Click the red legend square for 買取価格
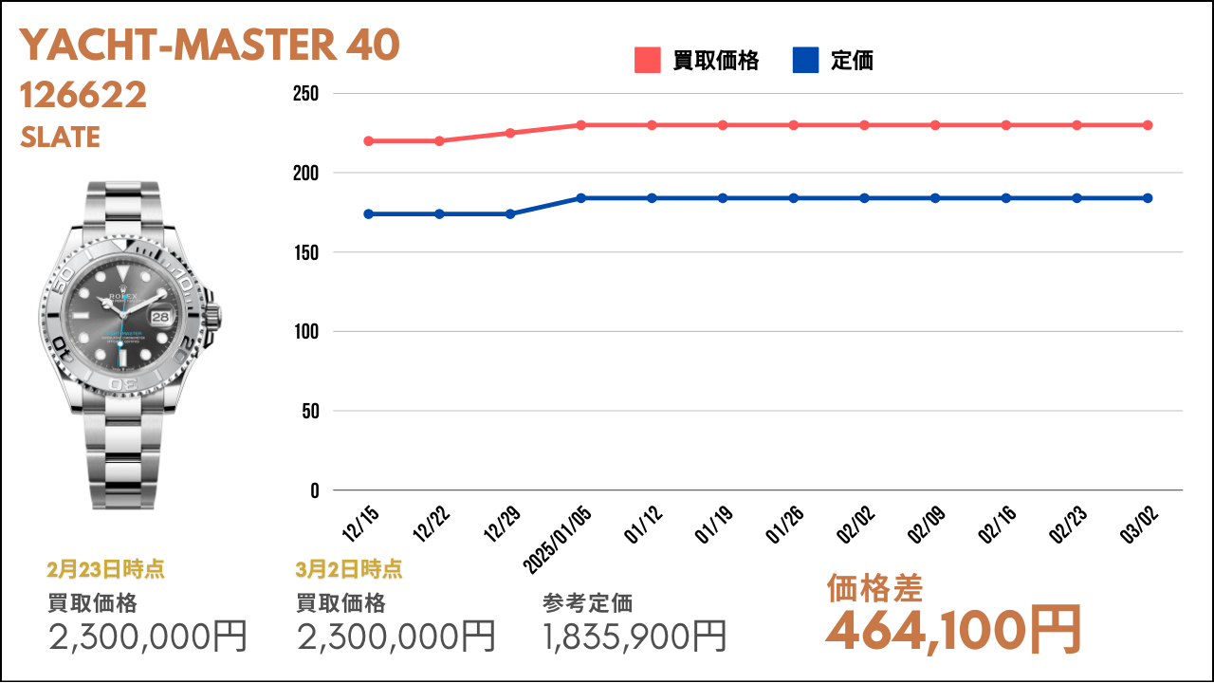(x=647, y=60)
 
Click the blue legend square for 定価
(x=805, y=60)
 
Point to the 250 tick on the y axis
(x=305, y=94)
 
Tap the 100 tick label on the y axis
(x=306, y=331)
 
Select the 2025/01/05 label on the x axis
(x=557, y=540)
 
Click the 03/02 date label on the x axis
(x=1139, y=525)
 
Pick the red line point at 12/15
(x=369, y=141)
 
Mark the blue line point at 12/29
(x=510, y=214)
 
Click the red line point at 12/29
(x=510, y=133)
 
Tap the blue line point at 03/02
(x=1148, y=198)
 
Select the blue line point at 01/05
(x=581, y=198)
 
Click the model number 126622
(x=83, y=95)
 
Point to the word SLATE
(x=60, y=137)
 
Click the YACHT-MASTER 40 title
(x=210, y=45)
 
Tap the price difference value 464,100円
(x=954, y=631)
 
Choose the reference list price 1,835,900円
(x=635, y=636)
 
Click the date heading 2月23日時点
(x=105, y=569)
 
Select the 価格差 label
(x=874, y=588)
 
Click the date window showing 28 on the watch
(x=160, y=317)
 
